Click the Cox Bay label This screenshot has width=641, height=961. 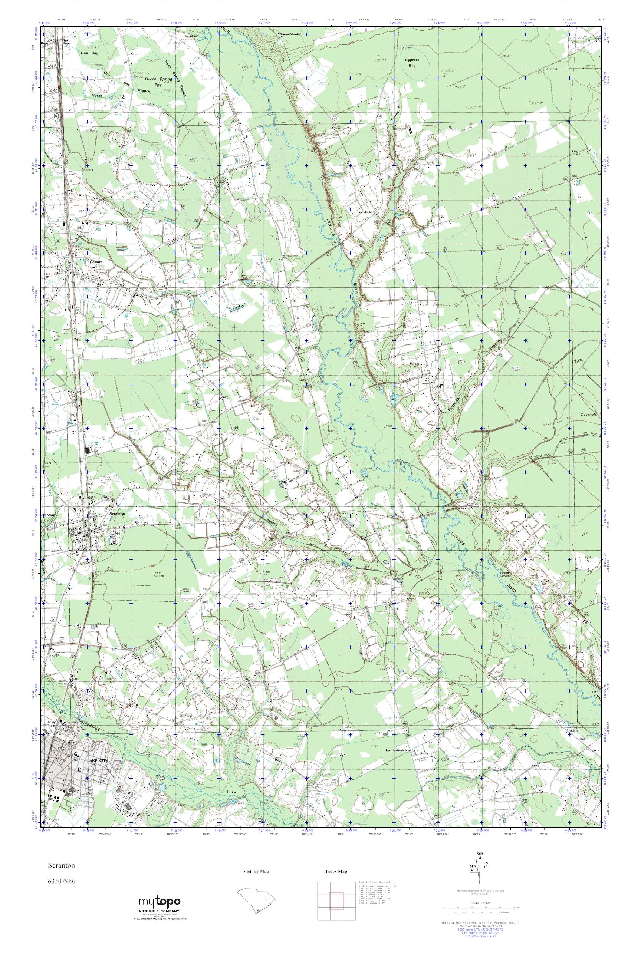point(89,53)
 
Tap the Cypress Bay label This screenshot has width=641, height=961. point(412,62)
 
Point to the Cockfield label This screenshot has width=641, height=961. point(589,414)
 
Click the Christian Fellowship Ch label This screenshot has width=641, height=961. point(289,35)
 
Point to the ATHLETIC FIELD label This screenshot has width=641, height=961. point(140,76)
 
